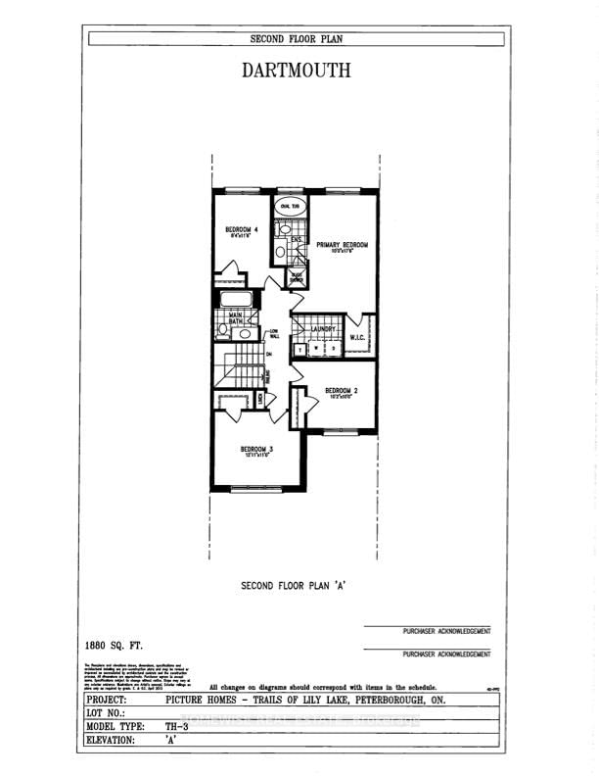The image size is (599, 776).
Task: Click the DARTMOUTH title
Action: coord(295,71)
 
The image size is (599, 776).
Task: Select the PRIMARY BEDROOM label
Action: coord(342,245)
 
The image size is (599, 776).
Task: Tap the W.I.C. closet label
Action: coord(357,338)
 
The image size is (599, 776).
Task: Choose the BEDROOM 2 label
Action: coord(342,390)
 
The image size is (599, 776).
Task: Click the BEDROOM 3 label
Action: coord(258,450)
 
